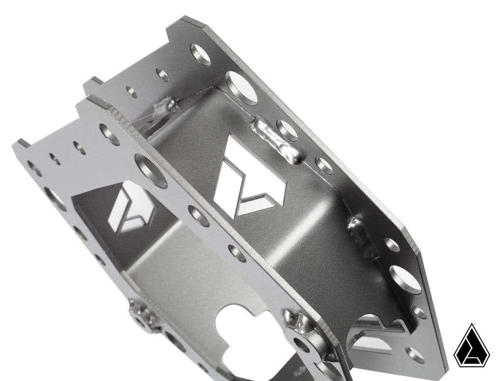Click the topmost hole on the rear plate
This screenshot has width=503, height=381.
[201, 54]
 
